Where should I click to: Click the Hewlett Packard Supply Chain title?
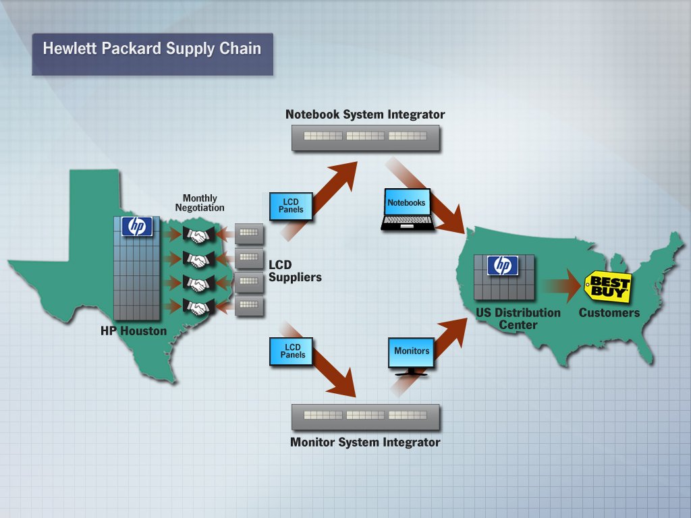(x=152, y=49)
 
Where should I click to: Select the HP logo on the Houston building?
(x=137, y=227)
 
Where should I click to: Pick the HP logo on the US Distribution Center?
(x=503, y=266)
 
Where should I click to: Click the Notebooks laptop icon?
(x=407, y=210)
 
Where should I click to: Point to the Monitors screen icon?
(x=412, y=356)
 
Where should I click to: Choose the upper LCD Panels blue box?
(x=291, y=206)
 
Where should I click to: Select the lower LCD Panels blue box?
(x=291, y=351)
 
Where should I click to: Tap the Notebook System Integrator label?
(x=365, y=114)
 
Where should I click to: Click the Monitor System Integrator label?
(x=365, y=442)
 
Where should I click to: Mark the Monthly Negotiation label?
(x=200, y=203)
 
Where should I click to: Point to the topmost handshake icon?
(x=198, y=235)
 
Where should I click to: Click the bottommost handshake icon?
(x=198, y=308)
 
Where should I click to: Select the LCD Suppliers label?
(x=295, y=271)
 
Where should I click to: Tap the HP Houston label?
(x=134, y=331)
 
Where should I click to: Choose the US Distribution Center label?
(x=518, y=318)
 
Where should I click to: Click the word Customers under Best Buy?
(x=609, y=313)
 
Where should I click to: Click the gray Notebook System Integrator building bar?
(x=365, y=137)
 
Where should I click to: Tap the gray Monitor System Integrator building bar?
(x=365, y=416)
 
